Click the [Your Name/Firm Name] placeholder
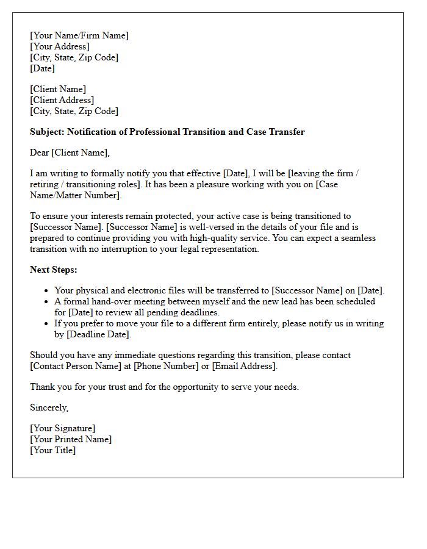79,35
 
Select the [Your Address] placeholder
60,46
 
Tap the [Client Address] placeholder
62,100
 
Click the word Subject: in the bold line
48,132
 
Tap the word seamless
357,238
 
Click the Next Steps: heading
54,270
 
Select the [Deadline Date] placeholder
98,334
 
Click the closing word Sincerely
49,407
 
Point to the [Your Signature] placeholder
63,428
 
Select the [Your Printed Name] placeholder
71,439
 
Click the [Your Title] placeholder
53,450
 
